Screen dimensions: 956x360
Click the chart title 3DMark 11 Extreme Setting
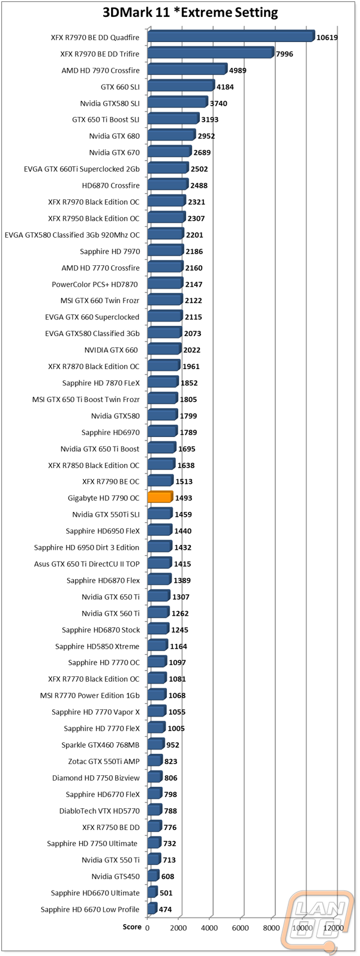point(179,12)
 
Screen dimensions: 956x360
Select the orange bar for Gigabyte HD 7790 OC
point(160,498)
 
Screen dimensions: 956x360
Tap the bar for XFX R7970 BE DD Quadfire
point(230,37)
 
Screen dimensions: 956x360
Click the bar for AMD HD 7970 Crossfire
point(187,70)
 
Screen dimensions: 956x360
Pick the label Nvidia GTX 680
point(114,136)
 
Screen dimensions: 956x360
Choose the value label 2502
point(199,169)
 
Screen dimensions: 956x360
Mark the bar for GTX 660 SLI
point(181,86)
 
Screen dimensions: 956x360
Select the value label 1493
point(184,498)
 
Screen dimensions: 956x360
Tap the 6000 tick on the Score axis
point(241,927)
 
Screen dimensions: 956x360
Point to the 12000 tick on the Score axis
point(334,927)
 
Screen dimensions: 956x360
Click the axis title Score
point(132,927)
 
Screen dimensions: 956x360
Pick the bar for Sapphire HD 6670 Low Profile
point(152,909)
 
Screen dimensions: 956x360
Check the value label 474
point(165,910)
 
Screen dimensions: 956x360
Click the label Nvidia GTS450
point(115,877)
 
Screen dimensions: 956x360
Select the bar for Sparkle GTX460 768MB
point(155,745)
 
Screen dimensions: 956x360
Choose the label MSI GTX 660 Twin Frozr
point(100,301)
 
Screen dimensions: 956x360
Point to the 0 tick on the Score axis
point(147,927)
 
